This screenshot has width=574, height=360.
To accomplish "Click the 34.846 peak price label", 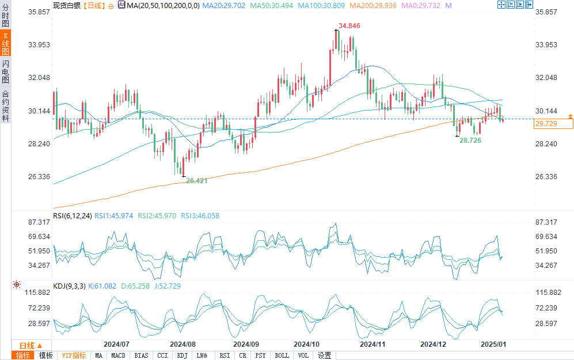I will (x=349, y=26).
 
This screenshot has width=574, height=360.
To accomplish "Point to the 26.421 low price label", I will (x=197, y=180).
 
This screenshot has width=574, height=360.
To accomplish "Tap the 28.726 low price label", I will (x=470, y=141).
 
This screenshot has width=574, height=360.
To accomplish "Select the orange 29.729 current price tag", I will (x=545, y=124).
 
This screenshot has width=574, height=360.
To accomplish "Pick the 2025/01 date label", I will (x=493, y=344).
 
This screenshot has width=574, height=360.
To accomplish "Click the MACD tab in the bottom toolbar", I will (x=118, y=355).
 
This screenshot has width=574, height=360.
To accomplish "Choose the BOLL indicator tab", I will (x=282, y=355).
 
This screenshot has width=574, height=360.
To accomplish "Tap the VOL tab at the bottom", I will (x=303, y=355).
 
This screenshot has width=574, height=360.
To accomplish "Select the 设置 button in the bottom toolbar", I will (x=324, y=355).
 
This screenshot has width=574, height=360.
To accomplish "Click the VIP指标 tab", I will (x=74, y=355).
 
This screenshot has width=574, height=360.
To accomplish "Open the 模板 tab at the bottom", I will (x=46, y=355).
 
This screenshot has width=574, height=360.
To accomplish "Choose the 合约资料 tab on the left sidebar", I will (x=5, y=106).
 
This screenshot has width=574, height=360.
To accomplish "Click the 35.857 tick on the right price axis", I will (x=548, y=12).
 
